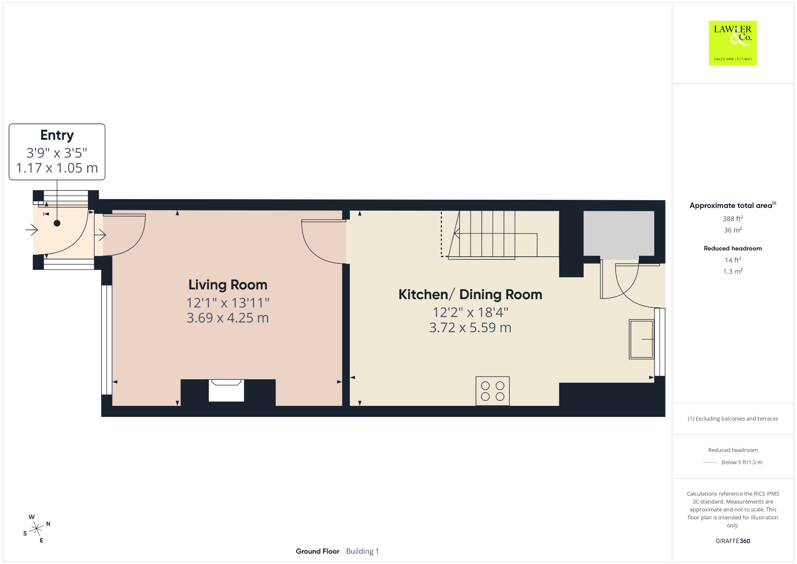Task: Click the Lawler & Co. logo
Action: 732,43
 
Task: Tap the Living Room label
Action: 228,285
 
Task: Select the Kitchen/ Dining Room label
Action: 470,294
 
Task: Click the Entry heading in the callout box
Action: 57,135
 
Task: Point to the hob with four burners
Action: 493,391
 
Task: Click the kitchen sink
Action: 641,339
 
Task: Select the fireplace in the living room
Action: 226,390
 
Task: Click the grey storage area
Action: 619,234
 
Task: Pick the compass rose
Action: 37,529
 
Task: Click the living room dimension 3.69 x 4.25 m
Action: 228,318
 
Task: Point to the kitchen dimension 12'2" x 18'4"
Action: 470,312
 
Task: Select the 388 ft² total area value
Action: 732,218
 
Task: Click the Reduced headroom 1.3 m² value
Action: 732,271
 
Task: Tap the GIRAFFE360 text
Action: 732,541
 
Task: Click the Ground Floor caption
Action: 318,551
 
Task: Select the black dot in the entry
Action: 57,223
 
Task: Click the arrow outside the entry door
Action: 32,231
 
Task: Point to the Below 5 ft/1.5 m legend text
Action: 742,462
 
